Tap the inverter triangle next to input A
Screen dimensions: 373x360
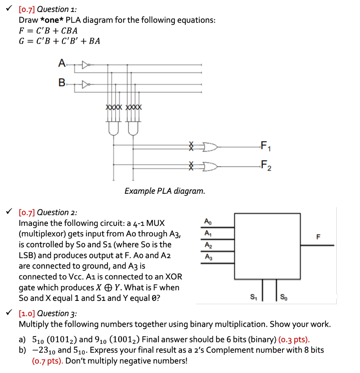pyautogui.click(x=85, y=66)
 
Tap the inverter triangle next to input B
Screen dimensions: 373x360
pyautogui.click(x=85, y=85)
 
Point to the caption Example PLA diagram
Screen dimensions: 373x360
pyautogui.click(x=165, y=191)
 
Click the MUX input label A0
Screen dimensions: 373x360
pyautogui.click(x=207, y=221)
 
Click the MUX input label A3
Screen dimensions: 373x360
pyautogui.click(x=207, y=257)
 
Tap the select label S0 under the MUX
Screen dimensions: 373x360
pyautogui.click(x=284, y=297)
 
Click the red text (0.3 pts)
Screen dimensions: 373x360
pyautogui.click(x=294, y=340)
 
